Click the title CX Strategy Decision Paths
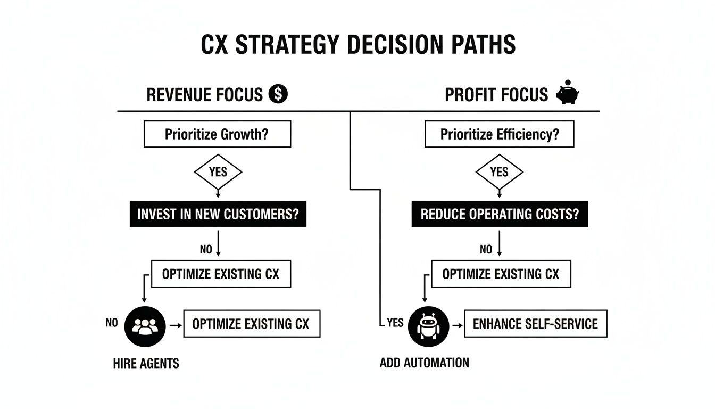[x=358, y=45]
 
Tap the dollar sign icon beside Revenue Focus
[x=278, y=94]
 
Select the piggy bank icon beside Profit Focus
[x=568, y=93]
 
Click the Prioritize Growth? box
[x=217, y=134]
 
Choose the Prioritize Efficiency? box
[x=499, y=134]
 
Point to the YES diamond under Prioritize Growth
[x=218, y=172]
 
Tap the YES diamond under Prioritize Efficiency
[x=499, y=172]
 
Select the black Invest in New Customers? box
[x=218, y=214]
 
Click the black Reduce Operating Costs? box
[x=500, y=214]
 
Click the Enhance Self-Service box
[x=535, y=323]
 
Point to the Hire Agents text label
[x=146, y=364]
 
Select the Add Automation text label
[x=424, y=363]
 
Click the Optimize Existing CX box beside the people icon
[x=251, y=323]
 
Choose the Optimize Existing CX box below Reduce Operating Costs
[x=500, y=274]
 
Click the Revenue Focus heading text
[x=204, y=95]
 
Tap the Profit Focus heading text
[x=496, y=95]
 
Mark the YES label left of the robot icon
[x=394, y=323]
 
